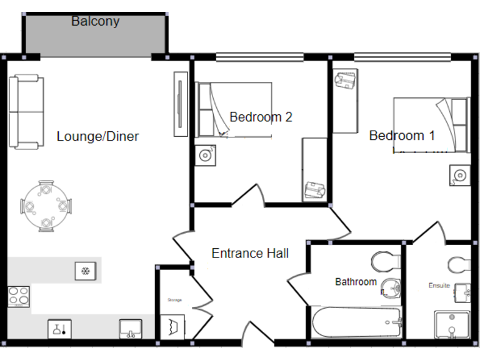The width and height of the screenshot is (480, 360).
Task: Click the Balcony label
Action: pyautogui.click(x=95, y=21)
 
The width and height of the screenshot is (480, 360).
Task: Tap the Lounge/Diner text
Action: pyautogui.click(x=97, y=136)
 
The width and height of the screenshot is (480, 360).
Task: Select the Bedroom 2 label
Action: pyautogui.click(x=261, y=117)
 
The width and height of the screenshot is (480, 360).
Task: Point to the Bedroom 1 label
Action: pyautogui.click(x=402, y=136)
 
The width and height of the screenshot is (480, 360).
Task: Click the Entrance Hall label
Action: pyautogui.click(x=250, y=253)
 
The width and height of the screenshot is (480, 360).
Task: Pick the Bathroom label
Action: pyautogui.click(x=356, y=282)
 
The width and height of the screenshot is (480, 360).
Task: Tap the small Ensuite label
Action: pyautogui.click(x=439, y=286)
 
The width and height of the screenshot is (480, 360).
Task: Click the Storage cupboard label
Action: pyautogui.click(x=174, y=300)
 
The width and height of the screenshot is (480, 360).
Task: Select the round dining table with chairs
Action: pyautogui.click(x=46, y=206)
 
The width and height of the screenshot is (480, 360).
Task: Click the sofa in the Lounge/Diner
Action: pyautogui.click(x=26, y=112)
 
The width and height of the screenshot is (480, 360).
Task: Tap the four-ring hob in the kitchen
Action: pyautogui.click(x=18, y=296)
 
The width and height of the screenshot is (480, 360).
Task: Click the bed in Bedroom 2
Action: pyautogui.click(x=234, y=110)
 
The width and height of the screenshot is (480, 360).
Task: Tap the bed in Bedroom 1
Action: pyautogui.click(x=431, y=125)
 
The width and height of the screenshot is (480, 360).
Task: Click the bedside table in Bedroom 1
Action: pyautogui.click(x=459, y=174)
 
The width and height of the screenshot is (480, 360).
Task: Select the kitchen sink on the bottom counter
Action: pyautogui.click(x=131, y=328)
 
